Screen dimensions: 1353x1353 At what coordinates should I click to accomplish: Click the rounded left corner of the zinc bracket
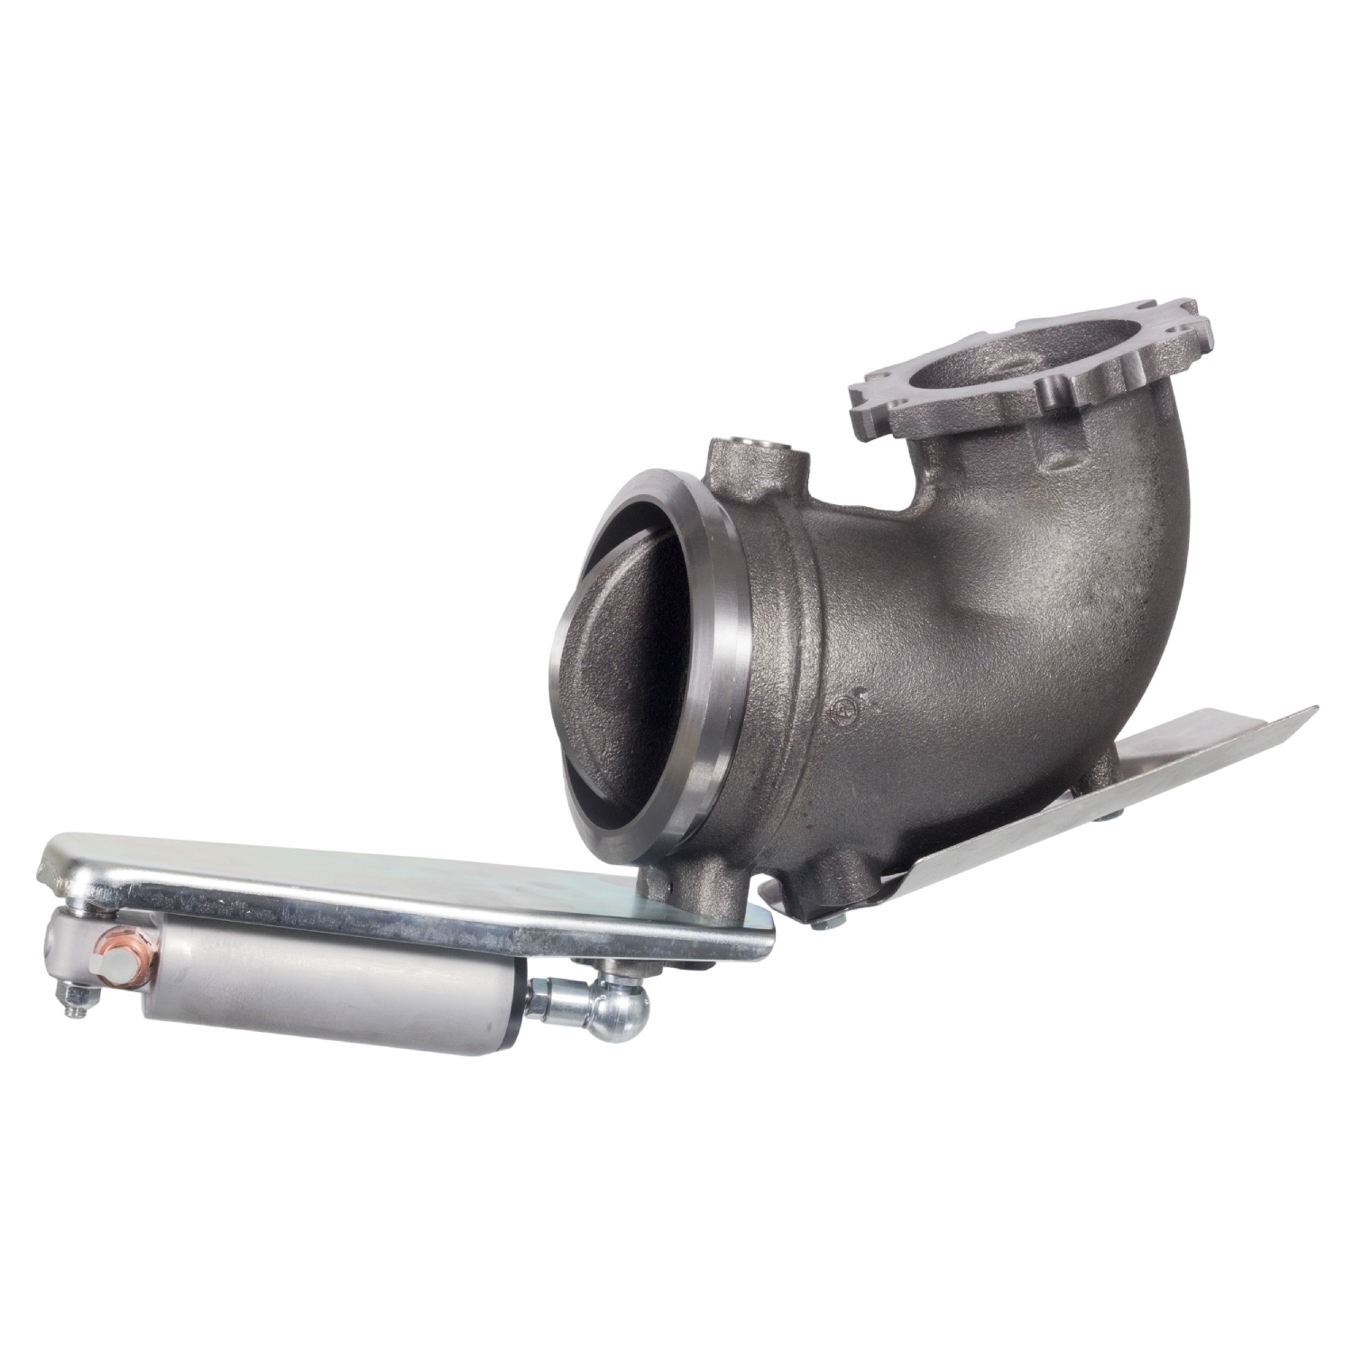click(x=54, y=857)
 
